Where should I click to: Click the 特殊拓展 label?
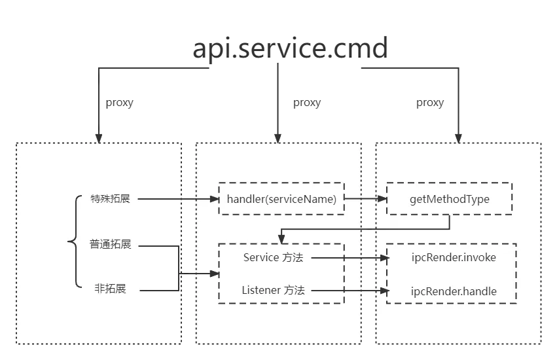[110, 199]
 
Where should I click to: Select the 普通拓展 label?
[110, 245]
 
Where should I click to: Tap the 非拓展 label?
[110, 289]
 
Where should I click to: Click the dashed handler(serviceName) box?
[281, 199]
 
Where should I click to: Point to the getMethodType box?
[449, 199]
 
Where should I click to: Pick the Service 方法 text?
[273, 258]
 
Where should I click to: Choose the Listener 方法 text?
[273, 290]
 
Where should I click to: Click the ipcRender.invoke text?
[453, 258]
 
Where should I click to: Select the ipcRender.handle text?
[453, 291]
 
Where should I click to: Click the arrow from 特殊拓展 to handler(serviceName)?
[177, 199]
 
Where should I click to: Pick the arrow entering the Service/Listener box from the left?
[200, 274]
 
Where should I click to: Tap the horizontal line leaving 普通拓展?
[157, 246]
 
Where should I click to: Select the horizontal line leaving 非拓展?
[157, 289]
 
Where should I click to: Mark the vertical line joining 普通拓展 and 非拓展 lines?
[179, 268]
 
